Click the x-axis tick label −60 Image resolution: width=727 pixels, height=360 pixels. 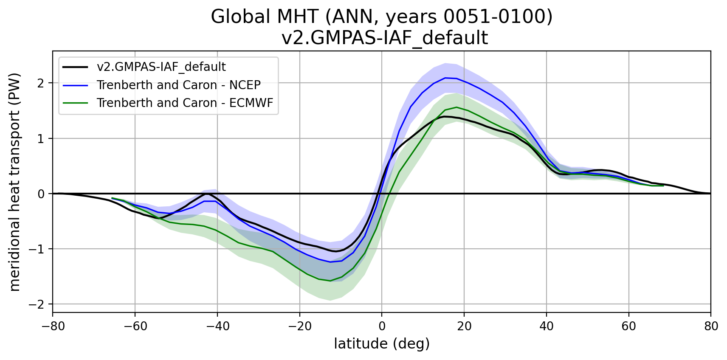(135, 326)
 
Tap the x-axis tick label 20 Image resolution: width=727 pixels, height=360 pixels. (464, 326)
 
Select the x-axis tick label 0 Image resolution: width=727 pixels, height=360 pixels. (382, 326)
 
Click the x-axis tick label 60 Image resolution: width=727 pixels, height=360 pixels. (628, 326)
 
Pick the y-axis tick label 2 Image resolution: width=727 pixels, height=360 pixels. (41, 83)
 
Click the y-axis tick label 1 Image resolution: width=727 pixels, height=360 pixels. (41, 138)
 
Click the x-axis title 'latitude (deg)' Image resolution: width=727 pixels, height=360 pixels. (382, 343)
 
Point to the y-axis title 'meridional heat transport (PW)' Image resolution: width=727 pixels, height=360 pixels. (15, 182)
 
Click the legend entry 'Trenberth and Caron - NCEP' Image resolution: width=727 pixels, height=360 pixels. (178, 85)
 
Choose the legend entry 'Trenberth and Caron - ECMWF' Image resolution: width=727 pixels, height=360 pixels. (185, 103)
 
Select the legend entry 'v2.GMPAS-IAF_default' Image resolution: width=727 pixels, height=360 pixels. (161, 67)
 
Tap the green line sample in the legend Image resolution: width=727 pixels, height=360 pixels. (76, 103)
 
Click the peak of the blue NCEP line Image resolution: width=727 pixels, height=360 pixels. (445, 78)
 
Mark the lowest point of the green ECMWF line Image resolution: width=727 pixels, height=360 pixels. (330, 281)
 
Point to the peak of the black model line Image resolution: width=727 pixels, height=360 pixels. (444, 116)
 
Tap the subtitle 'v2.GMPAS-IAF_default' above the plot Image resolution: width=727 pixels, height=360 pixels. (384, 38)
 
